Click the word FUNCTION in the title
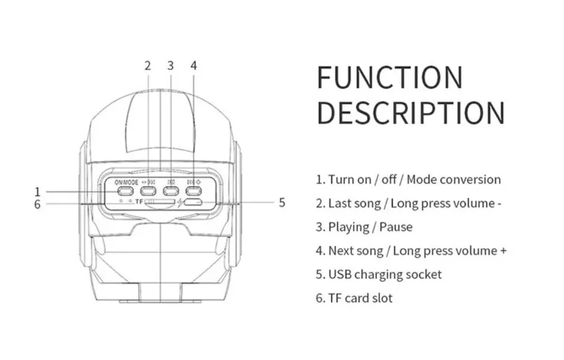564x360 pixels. (x=390, y=77)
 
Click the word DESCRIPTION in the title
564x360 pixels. (x=411, y=112)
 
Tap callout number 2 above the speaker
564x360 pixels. (x=148, y=66)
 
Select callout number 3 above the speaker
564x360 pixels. (x=170, y=66)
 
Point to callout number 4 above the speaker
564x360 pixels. (x=193, y=66)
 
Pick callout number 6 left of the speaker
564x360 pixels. (x=38, y=204)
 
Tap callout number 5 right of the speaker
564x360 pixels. (x=282, y=202)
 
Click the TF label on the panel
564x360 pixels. (x=139, y=201)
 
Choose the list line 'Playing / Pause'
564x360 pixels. (x=364, y=227)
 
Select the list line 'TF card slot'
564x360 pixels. (x=354, y=298)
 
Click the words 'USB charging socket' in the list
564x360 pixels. (x=385, y=274)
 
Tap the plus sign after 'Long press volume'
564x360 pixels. (x=503, y=251)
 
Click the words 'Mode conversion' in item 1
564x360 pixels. (x=454, y=179)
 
